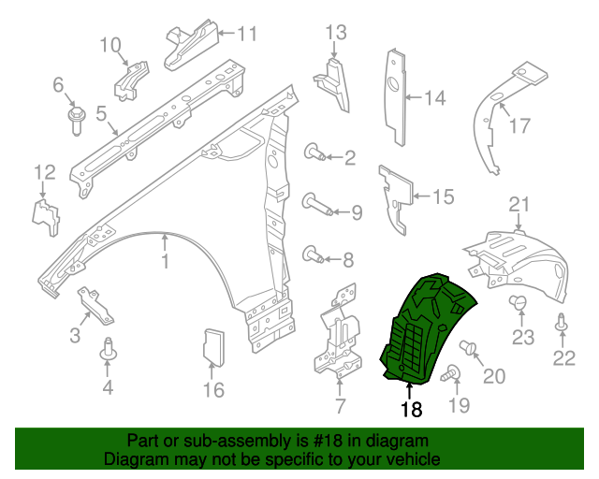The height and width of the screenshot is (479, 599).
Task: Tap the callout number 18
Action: [x=411, y=408]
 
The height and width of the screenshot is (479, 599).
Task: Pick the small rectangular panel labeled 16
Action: [x=214, y=345]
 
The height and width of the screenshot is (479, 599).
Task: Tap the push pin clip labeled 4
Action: [x=108, y=350]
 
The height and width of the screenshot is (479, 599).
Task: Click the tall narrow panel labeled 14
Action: [x=399, y=94]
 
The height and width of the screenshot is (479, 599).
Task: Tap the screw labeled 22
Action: [x=562, y=326]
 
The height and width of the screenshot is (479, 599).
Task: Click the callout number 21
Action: [x=519, y=205]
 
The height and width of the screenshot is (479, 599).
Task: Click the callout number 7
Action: [x=340, y=405]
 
